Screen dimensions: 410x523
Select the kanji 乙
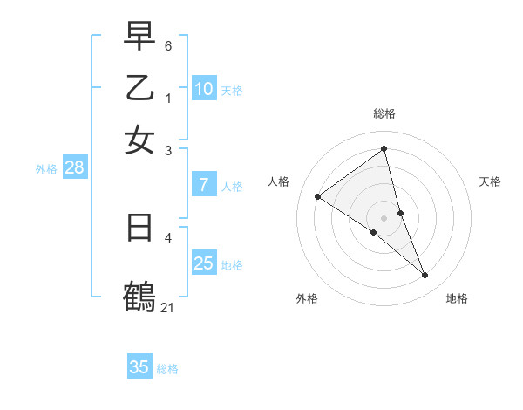tap(139, 87)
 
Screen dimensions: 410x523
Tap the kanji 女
tap(139, 140)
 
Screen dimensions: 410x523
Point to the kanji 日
tap(139, 228)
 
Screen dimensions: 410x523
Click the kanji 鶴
tap(139, 295)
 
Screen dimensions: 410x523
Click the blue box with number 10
tap(204, 88)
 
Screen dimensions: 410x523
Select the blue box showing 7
tap(204, 184)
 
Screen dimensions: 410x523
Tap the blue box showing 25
tap(204, 263)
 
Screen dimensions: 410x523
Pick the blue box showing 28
tap(74, 167)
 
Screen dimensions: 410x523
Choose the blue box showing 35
tap(139, 367)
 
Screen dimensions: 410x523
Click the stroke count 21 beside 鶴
tap(167, 307)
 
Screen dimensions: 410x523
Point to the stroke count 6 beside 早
tap(168, 45)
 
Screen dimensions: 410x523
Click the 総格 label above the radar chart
tap(384, 113)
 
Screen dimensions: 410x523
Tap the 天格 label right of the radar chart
tap(490, 181)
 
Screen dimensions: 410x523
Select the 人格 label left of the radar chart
tap(278, 181)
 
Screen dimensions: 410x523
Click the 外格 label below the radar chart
tap(307, 298)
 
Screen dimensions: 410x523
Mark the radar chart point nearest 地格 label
tap(425, 276)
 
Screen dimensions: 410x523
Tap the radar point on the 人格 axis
tap(317, 196)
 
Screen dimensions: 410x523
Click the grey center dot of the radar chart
tap(384, 217)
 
